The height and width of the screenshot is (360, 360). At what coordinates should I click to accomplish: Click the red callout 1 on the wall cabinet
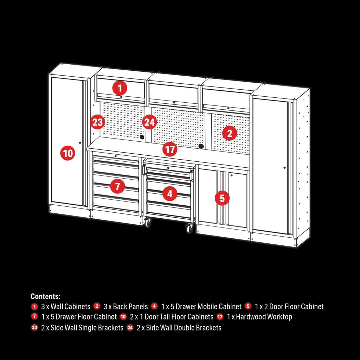[x=120, y=88]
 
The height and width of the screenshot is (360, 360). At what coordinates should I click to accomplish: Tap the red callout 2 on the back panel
[x=229, y=133]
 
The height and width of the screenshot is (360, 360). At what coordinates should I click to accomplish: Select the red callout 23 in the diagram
[x=98, y=122]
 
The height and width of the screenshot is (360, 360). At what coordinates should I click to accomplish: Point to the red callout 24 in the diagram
[x=149, y=122]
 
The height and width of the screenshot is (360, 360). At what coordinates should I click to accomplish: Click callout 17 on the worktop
[x=170, y=149]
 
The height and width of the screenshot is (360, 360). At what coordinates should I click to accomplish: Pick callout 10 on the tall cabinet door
[x=68, y=153]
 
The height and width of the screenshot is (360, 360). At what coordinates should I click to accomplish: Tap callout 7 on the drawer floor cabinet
[x=117, y=186]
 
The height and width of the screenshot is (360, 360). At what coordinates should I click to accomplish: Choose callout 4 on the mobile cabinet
[x=170, y=194]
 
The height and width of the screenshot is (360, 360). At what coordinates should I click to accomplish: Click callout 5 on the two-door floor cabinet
[x=222, y=198]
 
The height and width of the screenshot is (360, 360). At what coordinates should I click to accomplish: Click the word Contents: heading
[x=45, y=296]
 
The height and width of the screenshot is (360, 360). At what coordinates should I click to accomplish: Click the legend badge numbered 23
[x=34, y=327]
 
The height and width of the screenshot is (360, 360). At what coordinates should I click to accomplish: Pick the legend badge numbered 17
[x=220, y=317]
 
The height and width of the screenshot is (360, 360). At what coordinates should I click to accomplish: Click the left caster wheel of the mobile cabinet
[x=148, y=222]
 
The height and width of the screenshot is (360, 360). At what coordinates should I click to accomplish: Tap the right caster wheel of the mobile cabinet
[x=189, y=228]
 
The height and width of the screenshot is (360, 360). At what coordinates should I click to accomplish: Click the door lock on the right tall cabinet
[x=284, y=168]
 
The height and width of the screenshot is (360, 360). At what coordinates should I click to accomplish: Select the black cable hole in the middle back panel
[x=201, y=146]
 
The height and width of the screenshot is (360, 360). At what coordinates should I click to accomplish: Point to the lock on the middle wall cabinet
[x=174, y=102]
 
